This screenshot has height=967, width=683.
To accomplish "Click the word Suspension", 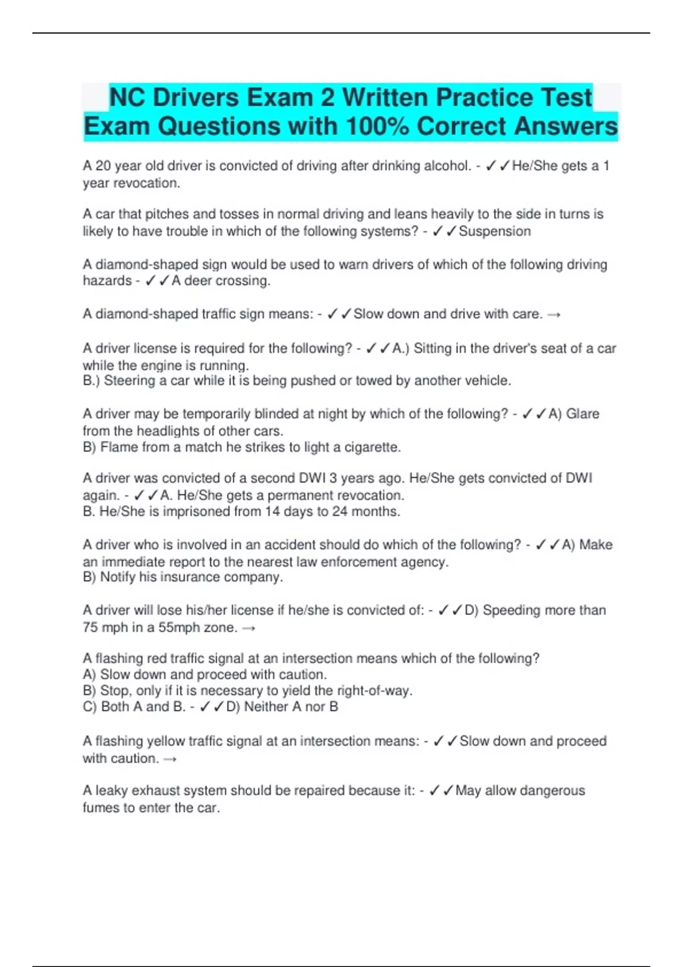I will point(495,232).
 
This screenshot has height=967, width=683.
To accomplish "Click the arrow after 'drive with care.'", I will point(554,315).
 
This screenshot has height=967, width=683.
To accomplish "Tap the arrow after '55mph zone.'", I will point(248,629).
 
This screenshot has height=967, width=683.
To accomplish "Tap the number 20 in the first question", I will point(103,166).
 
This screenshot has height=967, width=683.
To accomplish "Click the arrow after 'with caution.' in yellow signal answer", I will point(170,759).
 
